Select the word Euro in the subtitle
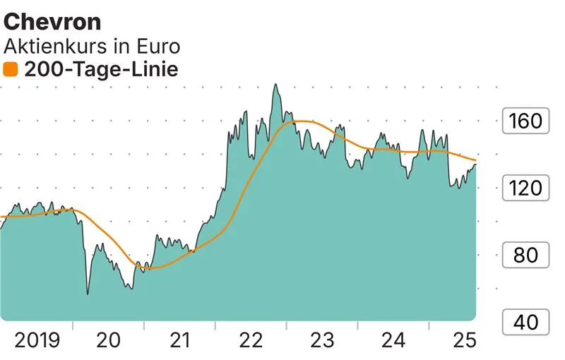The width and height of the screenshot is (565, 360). point(157,47)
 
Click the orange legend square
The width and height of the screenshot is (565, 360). point(11,69)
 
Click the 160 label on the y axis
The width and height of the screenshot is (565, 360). point(525,121)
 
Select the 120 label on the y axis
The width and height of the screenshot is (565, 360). point(525,188)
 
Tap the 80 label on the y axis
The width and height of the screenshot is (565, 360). point(525,255)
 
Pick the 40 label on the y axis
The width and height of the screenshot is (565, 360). point(525,323)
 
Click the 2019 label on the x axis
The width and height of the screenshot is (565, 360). point(37,341)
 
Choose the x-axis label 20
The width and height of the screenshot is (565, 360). point(109,341)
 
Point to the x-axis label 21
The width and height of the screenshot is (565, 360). point(180,341)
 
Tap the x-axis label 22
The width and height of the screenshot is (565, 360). point(251,341)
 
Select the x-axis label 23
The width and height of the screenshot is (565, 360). point(322,341)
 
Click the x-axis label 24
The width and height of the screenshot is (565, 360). point(393,341)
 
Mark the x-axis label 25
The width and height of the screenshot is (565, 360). point(464,341)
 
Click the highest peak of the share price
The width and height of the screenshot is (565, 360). point(275,85)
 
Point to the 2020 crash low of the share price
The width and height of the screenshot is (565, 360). point(88,294)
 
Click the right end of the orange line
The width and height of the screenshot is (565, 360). point(475,160)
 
